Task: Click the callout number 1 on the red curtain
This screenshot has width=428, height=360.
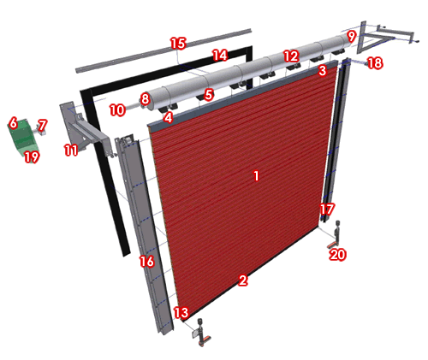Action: [256, 175]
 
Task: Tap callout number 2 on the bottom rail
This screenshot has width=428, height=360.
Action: [243, 280]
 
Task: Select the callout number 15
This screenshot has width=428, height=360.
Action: [178, 44]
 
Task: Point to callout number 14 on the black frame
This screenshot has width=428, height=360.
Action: [220, 55]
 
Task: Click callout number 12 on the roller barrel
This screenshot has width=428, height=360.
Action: [291, 56]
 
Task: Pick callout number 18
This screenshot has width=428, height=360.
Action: [375, 63]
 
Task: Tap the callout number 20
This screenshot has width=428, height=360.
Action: [337, 255]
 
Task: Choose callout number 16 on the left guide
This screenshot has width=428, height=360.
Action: [146, 261]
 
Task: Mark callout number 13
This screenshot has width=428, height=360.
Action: [181, 312]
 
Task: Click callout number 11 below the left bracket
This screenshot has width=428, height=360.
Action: [71, 150]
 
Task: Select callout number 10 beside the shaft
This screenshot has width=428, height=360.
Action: [117, 110]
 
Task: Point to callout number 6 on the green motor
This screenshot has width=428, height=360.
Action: [13, 123]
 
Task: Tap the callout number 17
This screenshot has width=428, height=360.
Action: [326, 210]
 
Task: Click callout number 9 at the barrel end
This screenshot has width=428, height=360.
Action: [352, 37]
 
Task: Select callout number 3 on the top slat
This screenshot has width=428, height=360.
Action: [322, 71]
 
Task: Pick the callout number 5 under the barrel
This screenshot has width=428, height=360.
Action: [209, 94]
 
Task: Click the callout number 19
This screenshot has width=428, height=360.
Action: [32, 156]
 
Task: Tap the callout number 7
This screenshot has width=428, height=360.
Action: [42, 125]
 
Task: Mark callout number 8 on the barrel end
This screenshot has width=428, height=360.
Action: [146, 99]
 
